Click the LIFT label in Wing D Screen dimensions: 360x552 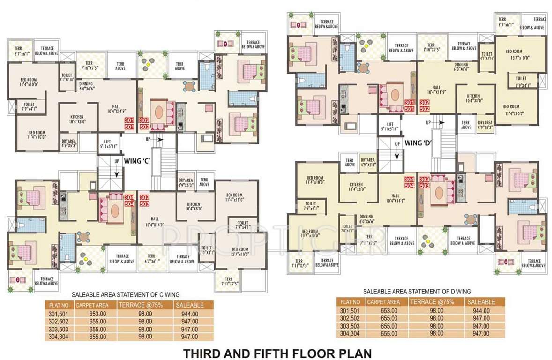[x=390, y=126]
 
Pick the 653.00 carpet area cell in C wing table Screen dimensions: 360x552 [x=99, y=314]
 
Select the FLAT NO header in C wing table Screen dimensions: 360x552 [x=60, y=305]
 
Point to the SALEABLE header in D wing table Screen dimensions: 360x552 [x=481, y=302]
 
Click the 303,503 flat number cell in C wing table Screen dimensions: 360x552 [x=60, y=329]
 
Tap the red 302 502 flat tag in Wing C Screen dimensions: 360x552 [x=144, y=123]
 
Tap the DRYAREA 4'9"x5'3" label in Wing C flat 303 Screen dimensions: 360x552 [x=186, y=181]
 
